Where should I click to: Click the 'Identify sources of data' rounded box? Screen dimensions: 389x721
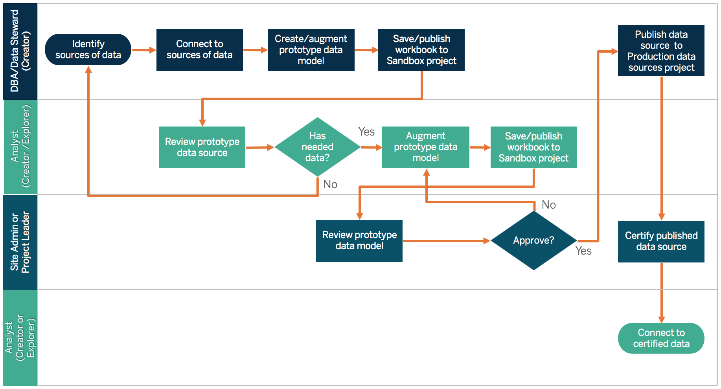(x=88, y=50)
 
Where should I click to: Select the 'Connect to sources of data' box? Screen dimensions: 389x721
(x=199, y=50)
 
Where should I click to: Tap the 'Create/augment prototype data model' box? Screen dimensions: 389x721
(x=311, y=50)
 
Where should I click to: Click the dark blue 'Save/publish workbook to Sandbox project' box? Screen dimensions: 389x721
(x=421, y=50)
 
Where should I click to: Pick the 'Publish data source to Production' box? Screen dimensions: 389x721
(x=661, y=51)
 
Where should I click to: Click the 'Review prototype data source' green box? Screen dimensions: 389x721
(x=202, y=147)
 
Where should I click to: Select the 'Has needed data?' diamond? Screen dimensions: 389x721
(x=317, y=147)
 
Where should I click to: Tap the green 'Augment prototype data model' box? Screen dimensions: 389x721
(x=425, y=147)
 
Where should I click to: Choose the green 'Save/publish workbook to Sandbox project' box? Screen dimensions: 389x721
(x=533, y=147)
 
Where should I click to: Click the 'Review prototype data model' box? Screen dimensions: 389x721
(x=359, y=240)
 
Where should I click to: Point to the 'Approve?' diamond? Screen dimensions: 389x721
(x=533, y=240)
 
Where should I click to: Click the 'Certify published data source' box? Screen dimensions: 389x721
(x=661, y=241)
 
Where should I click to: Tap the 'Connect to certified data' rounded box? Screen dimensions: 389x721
(x=661, y=338)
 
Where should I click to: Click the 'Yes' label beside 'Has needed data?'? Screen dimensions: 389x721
(x=366, y=132)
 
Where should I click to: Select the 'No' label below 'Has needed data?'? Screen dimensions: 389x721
(x=330, y=184)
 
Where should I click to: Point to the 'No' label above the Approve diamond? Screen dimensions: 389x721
(x=548, y=205)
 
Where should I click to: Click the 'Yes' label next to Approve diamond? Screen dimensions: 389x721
(x=583, y=251)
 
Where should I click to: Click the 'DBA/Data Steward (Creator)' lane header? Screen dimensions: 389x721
(x=20, y=51)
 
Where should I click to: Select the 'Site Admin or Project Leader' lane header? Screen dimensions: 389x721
(x=20, y=242)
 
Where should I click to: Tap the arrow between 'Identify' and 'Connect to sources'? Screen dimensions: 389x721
(x=143, y=50)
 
